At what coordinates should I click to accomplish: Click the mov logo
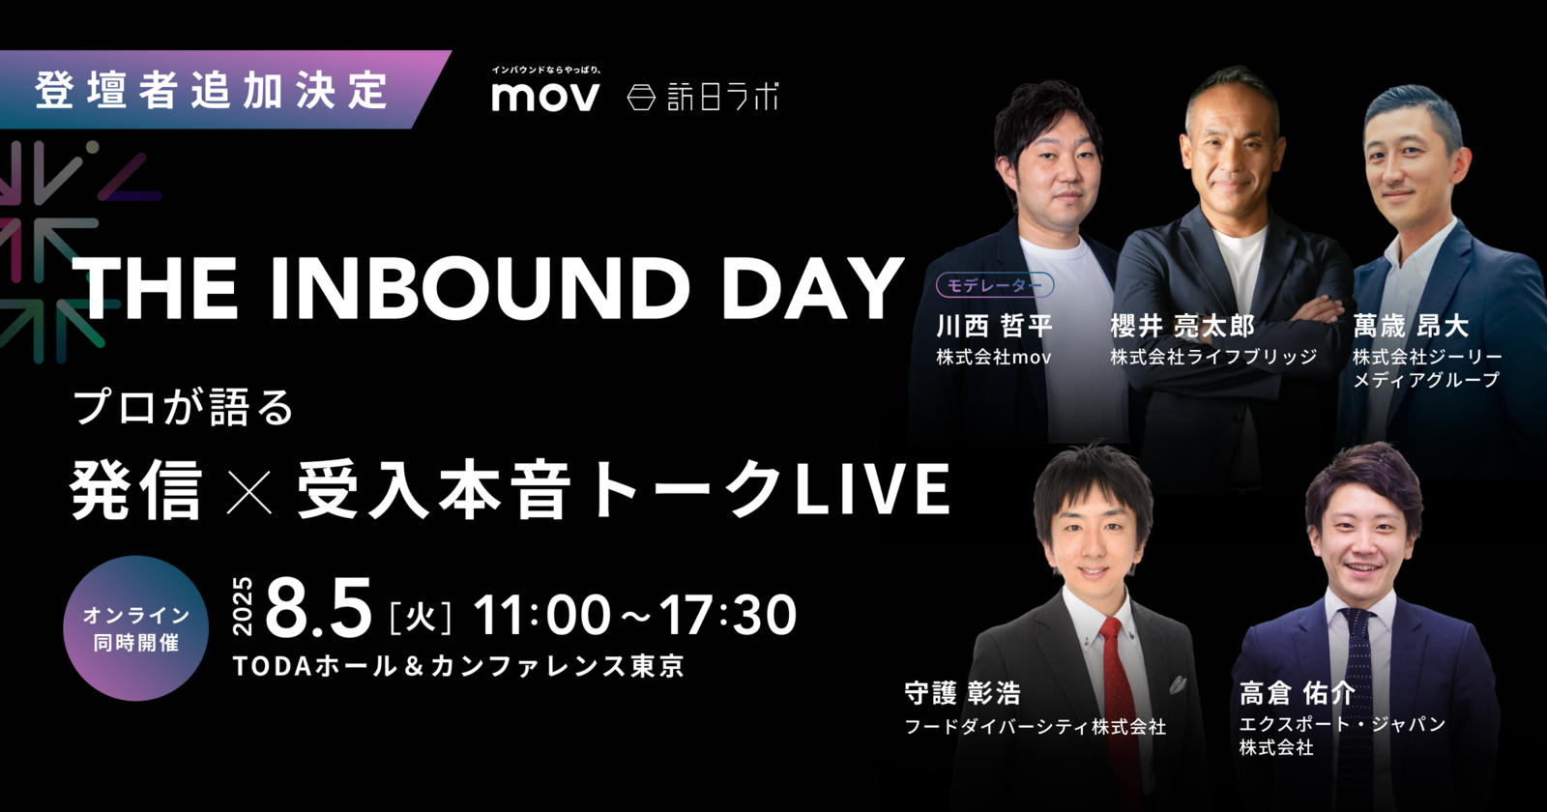(545, 97)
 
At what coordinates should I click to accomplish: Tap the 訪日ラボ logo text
(722, 97)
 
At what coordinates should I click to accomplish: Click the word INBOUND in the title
(480, 289)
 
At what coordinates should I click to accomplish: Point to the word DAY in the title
(813, 289)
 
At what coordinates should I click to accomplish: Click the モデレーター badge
(995, 285)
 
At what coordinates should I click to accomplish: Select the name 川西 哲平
(994, 326)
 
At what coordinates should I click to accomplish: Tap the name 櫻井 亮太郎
(1182, 326)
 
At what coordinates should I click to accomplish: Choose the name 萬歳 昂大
(1411, 326)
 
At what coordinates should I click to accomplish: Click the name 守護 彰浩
(963, 693)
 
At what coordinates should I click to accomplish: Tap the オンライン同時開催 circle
(136, 628)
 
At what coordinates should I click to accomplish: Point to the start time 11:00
(542, 615)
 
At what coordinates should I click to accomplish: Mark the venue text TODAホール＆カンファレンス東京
(458, 666)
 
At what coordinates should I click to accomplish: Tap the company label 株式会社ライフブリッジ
(1213, 357)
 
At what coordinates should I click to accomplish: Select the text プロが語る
(184, 407)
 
